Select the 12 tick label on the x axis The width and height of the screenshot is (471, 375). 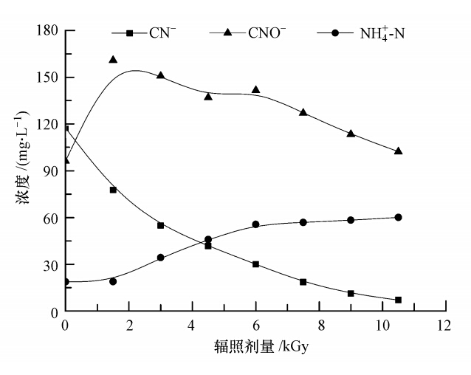tap(444, 326)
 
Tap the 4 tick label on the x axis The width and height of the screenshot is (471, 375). tap(192, 326)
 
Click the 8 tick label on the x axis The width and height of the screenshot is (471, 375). tap(318, 326)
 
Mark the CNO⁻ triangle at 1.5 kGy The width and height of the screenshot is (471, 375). tap(113, 60)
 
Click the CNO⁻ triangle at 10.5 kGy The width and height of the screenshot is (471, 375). tap(398, 151)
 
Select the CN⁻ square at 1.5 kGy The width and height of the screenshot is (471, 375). tap(113, 190)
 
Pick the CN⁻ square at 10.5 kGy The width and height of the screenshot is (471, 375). tap(398, 300)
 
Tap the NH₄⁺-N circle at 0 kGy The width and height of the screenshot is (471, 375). tap(66, 281)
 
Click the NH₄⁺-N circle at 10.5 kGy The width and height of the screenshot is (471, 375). tap(398, 217)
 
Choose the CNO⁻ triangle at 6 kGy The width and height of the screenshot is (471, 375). tap(255, 90)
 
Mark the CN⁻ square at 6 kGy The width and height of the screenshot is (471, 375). tap(255, 264)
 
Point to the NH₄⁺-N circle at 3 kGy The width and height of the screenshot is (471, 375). tap(160, 258)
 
